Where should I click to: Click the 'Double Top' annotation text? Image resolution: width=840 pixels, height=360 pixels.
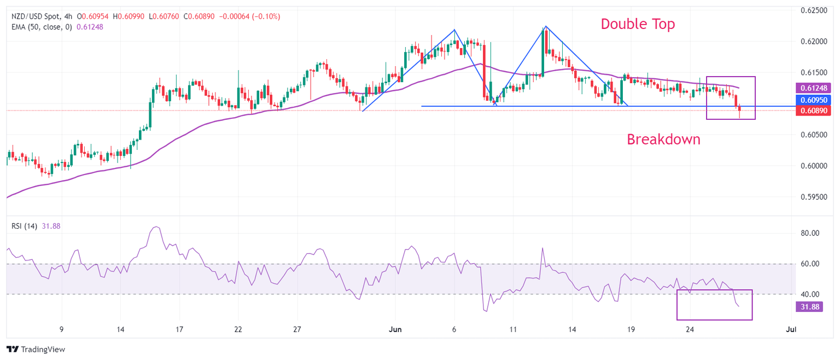tap(638, 24)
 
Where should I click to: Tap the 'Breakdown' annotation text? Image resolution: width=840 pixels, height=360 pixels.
tap(663, 140)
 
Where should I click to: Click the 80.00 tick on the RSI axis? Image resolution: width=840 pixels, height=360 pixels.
tap(810, 233)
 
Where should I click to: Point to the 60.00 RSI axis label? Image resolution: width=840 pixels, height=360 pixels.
tap(810, 264)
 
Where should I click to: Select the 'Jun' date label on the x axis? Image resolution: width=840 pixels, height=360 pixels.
tap(394, 329)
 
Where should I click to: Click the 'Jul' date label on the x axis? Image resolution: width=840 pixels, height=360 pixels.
tap(789, 329)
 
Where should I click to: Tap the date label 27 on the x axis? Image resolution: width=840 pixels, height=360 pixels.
tap(297, 329)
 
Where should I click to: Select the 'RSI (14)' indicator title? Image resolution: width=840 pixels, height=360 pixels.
tap(25, 226)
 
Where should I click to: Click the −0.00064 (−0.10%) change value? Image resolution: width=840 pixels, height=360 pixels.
tap(249, 16)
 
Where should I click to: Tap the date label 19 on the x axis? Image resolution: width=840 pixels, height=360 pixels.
tap(631, 329)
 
